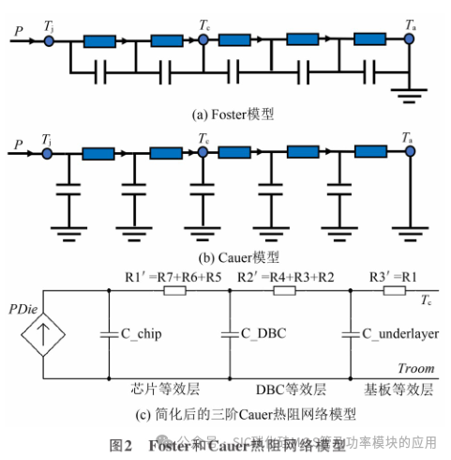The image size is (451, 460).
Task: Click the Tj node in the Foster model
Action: pyautogui.click(x=49, y=41)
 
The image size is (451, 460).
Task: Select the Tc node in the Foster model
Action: pyautogui.click(x=204, y=41)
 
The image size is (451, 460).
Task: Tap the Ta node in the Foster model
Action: pyautogui.click(x=409, y=41)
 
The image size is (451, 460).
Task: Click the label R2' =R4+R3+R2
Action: pyautogui.click(x=287, y=277)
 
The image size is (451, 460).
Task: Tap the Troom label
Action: pyautogui.click(x=415, y=369)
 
